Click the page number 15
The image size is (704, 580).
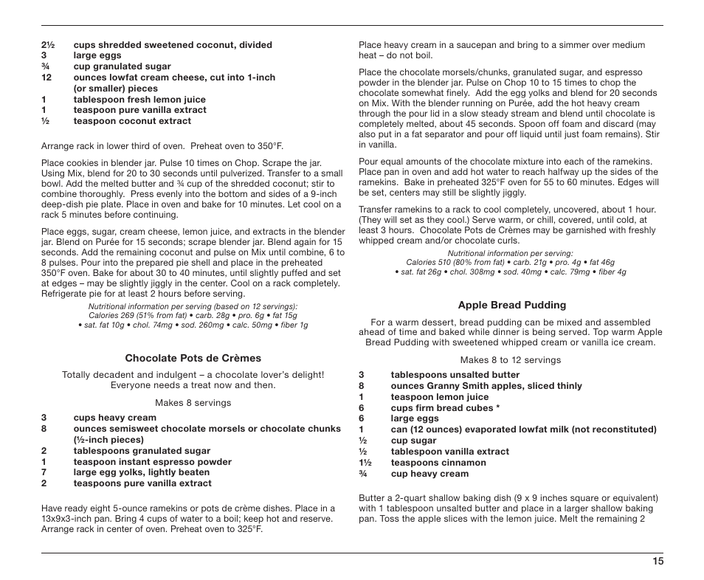[x=658, y=561]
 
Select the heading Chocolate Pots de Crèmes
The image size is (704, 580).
[x=193, y=359]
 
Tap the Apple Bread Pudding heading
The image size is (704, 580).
[x=511, y=305]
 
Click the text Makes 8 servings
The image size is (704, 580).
[x=193, y=403]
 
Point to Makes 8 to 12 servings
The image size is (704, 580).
[x=511, y=360]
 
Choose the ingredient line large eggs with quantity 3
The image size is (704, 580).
[x=97, y=55]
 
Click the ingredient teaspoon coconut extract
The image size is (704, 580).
[x=132, y=121]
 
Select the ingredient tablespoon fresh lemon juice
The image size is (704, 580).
[x=139, y=100]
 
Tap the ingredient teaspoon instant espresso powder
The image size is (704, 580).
[x=152, y=462]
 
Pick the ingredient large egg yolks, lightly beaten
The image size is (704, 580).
[x=142, y=473]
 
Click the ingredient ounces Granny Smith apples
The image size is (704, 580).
[x=486, y=386]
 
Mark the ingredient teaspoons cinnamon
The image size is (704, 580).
[x=438, y=463]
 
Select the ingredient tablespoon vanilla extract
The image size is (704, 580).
[x=449, y=452]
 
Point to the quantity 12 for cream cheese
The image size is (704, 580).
[x=46, y=77]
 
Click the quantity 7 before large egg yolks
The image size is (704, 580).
[x=44, y=473]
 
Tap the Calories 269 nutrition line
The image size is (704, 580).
[x=193, y=316]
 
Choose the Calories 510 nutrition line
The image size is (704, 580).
[x=510, y=262]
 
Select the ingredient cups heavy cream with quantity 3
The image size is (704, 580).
[x=114, y=418]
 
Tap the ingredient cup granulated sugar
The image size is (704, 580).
[x=122, y=66]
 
